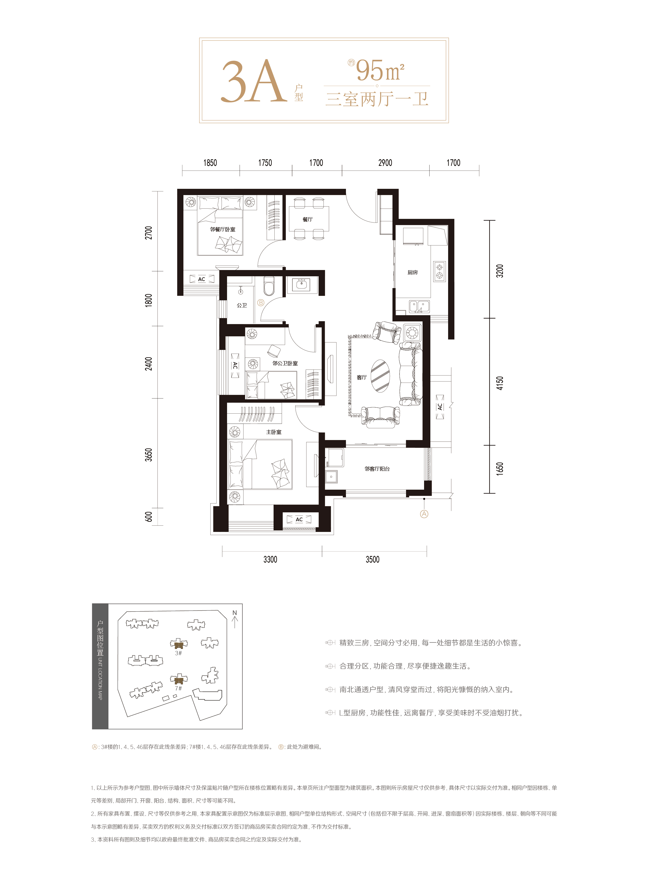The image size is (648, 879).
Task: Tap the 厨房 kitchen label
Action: click(x=412, y=272)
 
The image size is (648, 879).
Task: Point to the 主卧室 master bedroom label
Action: click(x=274, y=432)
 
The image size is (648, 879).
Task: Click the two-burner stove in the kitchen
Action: click(x=440, y=271)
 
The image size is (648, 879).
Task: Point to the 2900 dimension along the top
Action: click(x=385, y=163)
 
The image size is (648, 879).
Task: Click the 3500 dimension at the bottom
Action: click(x=373, y=559)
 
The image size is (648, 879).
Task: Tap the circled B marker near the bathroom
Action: click(x=261, y=303)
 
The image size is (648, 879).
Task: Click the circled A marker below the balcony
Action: click(x=424, y=514)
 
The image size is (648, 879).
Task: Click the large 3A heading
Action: click(x=254, y=81)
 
